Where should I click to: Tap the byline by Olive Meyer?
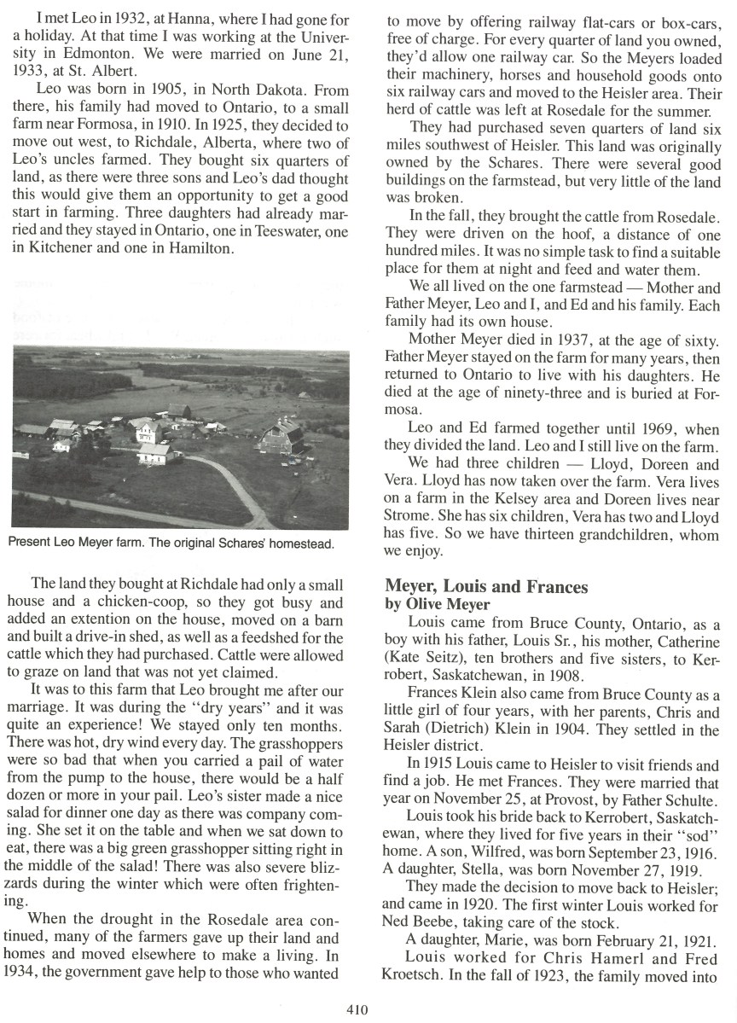pyautogui.click(x=437, y=604)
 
